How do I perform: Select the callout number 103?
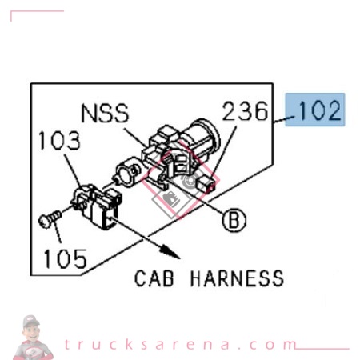click(x=59, y=142)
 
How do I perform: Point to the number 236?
click(x=245, y=111)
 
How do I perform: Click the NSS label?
click(x=104, y=113)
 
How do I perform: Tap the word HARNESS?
click(x=238, y=278)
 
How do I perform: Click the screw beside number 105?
click(x=48, y=217)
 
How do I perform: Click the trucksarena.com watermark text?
click(x=180, y=345)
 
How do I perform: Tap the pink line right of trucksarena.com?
click(x=324, y=348)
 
